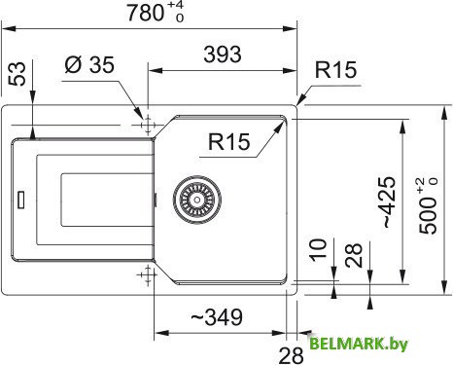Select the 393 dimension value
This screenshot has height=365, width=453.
(x=222, y=55)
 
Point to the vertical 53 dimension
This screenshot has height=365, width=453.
(x=16, y=75)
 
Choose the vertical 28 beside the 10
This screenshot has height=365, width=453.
(x=355, y=255)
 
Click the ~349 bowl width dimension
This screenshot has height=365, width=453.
(x=215, y=317)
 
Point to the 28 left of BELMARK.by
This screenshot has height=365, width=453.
(x=290, y=351)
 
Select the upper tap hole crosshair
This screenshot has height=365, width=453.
(x=148, y=126)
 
